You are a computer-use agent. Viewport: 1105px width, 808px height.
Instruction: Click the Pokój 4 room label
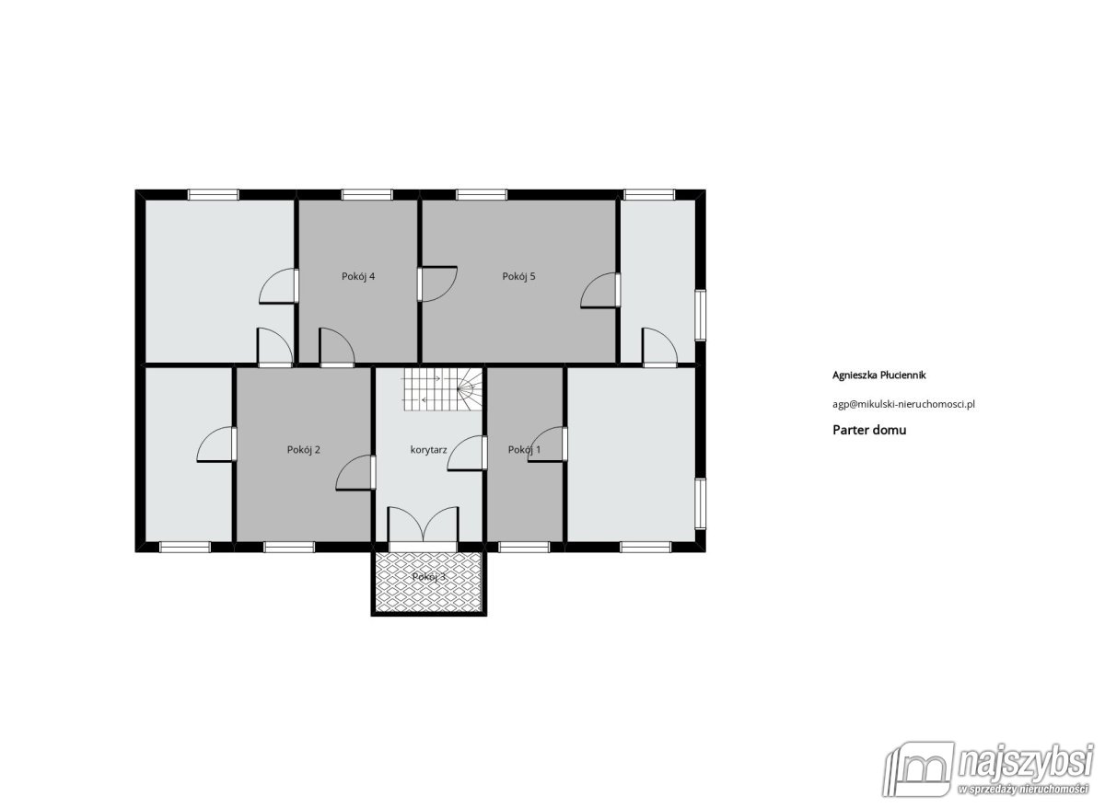click(x=358, y=277)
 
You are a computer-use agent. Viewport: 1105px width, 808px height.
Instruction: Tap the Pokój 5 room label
click(x=518, y=277)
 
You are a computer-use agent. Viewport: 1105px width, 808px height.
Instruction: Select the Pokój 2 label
click(x=303, y=450)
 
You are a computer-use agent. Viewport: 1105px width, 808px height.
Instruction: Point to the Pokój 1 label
click(x=524, y=450)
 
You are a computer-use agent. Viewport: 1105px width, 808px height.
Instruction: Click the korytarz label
click(x=429, y=450)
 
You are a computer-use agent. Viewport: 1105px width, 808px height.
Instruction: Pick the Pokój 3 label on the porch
click(x=429, y=577)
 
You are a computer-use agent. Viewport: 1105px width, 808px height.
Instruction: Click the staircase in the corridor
click(x=443, y=389)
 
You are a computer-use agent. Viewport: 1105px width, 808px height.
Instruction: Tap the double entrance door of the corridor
click(x=423, y=525)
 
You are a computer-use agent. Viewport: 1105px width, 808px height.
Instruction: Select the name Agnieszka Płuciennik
click(x=879, y=375)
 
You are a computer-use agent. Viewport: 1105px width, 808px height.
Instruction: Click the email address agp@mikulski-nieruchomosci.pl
click(x=903, y=404)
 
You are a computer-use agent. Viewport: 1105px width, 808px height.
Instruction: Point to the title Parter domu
click(x=869, y=430)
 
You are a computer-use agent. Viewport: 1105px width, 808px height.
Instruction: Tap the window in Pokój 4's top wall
click(x=367, y=195)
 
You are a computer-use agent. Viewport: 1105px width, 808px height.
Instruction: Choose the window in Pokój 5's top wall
click(x=482, y=195)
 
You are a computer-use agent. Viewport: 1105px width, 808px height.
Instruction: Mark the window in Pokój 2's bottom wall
click(x=289, y=548)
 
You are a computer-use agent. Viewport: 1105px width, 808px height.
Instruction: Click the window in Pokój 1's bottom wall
click(x=524, y=548)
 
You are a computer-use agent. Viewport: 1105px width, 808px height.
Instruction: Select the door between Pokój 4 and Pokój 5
click(x=437, y=284)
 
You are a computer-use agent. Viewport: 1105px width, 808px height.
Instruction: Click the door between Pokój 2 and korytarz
click(x=355, y=473)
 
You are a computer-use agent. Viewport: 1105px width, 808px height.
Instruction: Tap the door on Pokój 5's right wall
click(x=600, y=291)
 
